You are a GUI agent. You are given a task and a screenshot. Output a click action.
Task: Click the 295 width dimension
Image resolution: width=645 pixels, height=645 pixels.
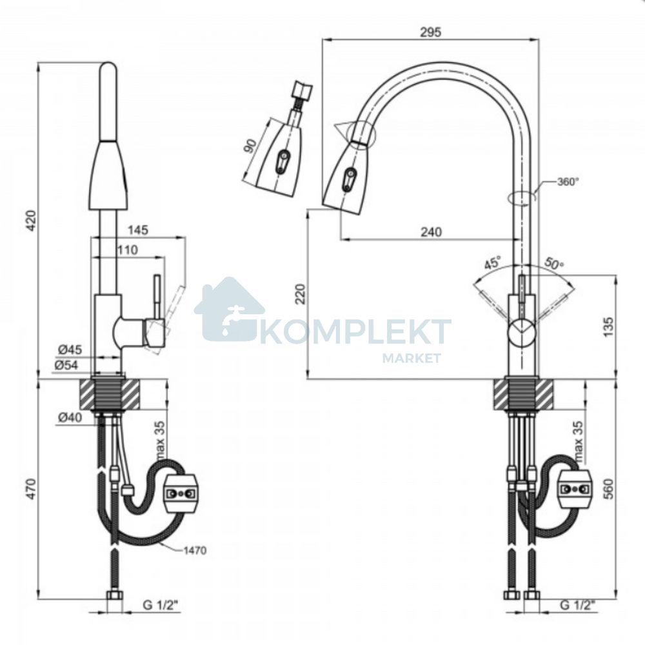pos(430,32)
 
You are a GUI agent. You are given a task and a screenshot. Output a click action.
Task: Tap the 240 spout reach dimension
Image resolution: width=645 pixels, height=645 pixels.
pos(431,232)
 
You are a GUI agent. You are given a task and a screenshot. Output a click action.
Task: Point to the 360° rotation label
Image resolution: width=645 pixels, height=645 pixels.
pos(568,181)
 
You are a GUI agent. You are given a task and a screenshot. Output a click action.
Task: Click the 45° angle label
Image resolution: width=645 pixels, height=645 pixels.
pos(492,262)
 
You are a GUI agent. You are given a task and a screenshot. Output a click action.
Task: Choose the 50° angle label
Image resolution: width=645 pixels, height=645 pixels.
pos(554,263)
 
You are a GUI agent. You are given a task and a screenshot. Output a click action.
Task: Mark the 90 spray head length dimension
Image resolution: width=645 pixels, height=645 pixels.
pos(250,146)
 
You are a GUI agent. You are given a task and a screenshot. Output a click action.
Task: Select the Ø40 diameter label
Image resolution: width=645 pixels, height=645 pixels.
pos(70,417)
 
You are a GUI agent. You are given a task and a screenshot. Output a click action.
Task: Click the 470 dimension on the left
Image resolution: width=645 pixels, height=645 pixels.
pos(32,489)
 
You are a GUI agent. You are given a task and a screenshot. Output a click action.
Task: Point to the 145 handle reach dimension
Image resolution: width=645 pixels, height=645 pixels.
pos(137,230)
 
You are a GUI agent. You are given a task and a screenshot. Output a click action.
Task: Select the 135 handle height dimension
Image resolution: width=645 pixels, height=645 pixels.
pos(610,326)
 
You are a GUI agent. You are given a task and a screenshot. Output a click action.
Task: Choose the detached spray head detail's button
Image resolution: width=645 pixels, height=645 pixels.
pos(283,161)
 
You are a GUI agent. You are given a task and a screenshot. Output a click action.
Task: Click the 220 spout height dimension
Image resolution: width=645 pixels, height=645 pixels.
pos(301,293)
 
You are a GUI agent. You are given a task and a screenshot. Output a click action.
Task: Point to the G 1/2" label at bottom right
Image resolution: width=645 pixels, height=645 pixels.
pos(577,605)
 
